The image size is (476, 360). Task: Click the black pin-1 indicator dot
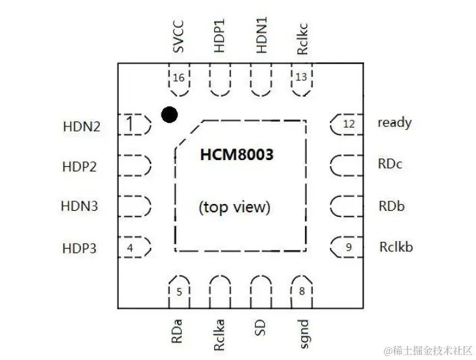pos(169,115)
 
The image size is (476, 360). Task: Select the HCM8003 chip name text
pos(236,155)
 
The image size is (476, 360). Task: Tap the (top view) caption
pos(234,207)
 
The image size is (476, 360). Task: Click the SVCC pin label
pos(178,38)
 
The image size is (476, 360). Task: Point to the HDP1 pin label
pos(219,38)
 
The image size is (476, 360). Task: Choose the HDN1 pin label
pos(261,38)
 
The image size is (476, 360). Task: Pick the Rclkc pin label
pos(302,38)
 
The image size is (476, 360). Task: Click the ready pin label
pos(394,123)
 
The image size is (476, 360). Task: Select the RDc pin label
pos(390,164)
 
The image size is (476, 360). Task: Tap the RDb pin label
pos(391,206)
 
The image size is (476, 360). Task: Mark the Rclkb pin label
pos(396,247)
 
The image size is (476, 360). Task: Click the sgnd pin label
pos(302,333)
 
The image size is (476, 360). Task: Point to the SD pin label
pos(261,328)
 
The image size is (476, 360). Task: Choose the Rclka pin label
pos(219,334)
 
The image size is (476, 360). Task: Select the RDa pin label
pos(178,331)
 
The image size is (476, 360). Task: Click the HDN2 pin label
pos(81,126)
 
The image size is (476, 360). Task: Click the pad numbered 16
pos(178,80)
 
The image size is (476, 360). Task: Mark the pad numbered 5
pos(179,291)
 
